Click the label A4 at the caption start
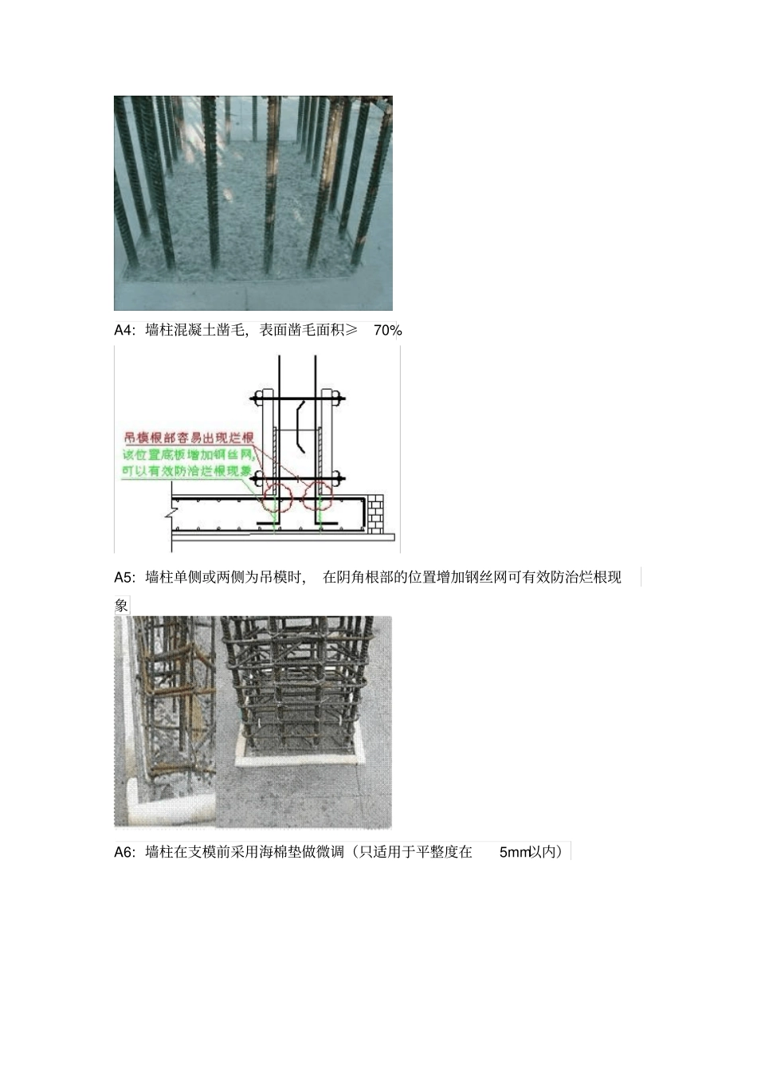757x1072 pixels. click(124, 330)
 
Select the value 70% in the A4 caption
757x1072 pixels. click(387, 330)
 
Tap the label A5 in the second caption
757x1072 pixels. click(124, 577)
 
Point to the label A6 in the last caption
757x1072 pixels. click(124, 852)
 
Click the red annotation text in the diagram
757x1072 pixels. click(188, 438)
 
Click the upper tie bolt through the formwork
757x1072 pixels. click(296, 396)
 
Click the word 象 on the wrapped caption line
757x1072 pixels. click(121, 606)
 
